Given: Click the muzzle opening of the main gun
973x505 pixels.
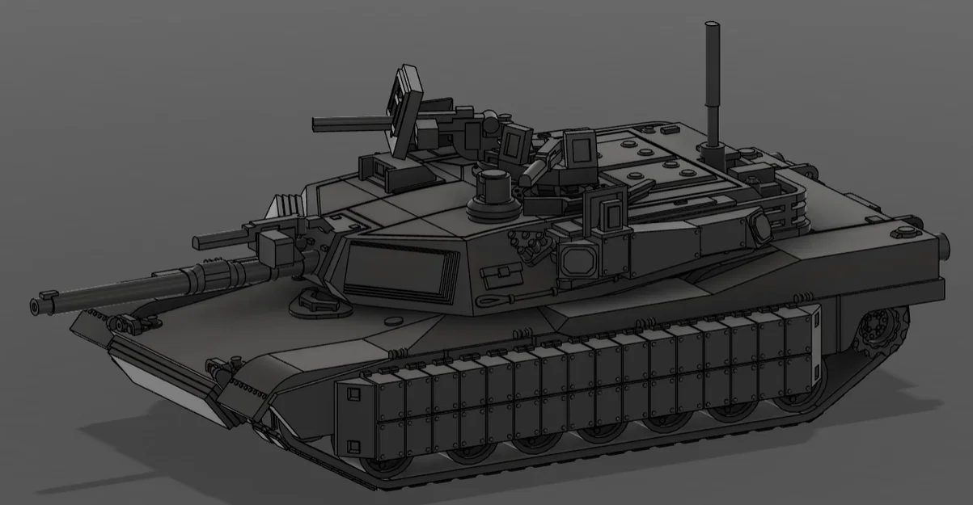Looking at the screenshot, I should [x=35, y=306].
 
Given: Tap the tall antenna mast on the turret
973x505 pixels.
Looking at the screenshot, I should [x=713, y=81].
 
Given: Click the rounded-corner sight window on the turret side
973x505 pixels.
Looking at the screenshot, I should [x=577, y=259].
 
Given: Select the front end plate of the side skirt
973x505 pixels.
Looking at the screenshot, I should [x=354, y=416].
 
